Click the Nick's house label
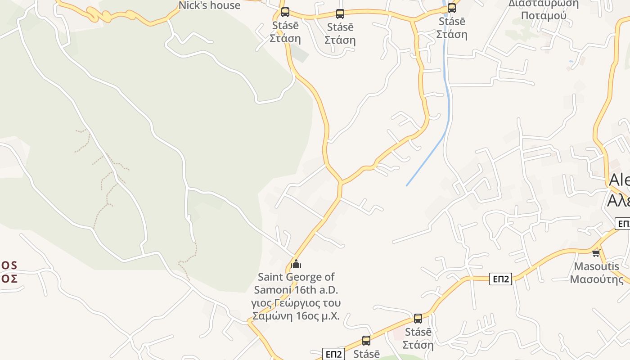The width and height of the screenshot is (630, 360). (x=210, y=5)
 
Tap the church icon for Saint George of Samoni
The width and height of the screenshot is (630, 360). (x=296, y=263)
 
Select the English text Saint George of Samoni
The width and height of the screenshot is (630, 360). (x=296, y=283)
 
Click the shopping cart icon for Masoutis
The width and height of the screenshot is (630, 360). (x=596, y=253)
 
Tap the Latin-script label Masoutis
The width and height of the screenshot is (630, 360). (x=596, y=266)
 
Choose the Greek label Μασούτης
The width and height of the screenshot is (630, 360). (x=596, y=279)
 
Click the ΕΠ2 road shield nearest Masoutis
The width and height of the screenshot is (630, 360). (x=500, y=279)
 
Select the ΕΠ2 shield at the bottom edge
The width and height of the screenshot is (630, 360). (x=333, y=354)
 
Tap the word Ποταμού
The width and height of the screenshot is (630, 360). (x=543, y=16)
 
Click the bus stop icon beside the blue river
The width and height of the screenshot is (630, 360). (x=451, y=8)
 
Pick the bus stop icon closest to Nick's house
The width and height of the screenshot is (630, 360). (x=285, y=12)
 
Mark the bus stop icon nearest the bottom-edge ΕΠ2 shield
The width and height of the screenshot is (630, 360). (x=366, y=341)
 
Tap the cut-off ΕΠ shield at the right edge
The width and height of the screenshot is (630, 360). (x=623, y=224)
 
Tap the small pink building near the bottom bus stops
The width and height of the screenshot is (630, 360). (x=398, y=335)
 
